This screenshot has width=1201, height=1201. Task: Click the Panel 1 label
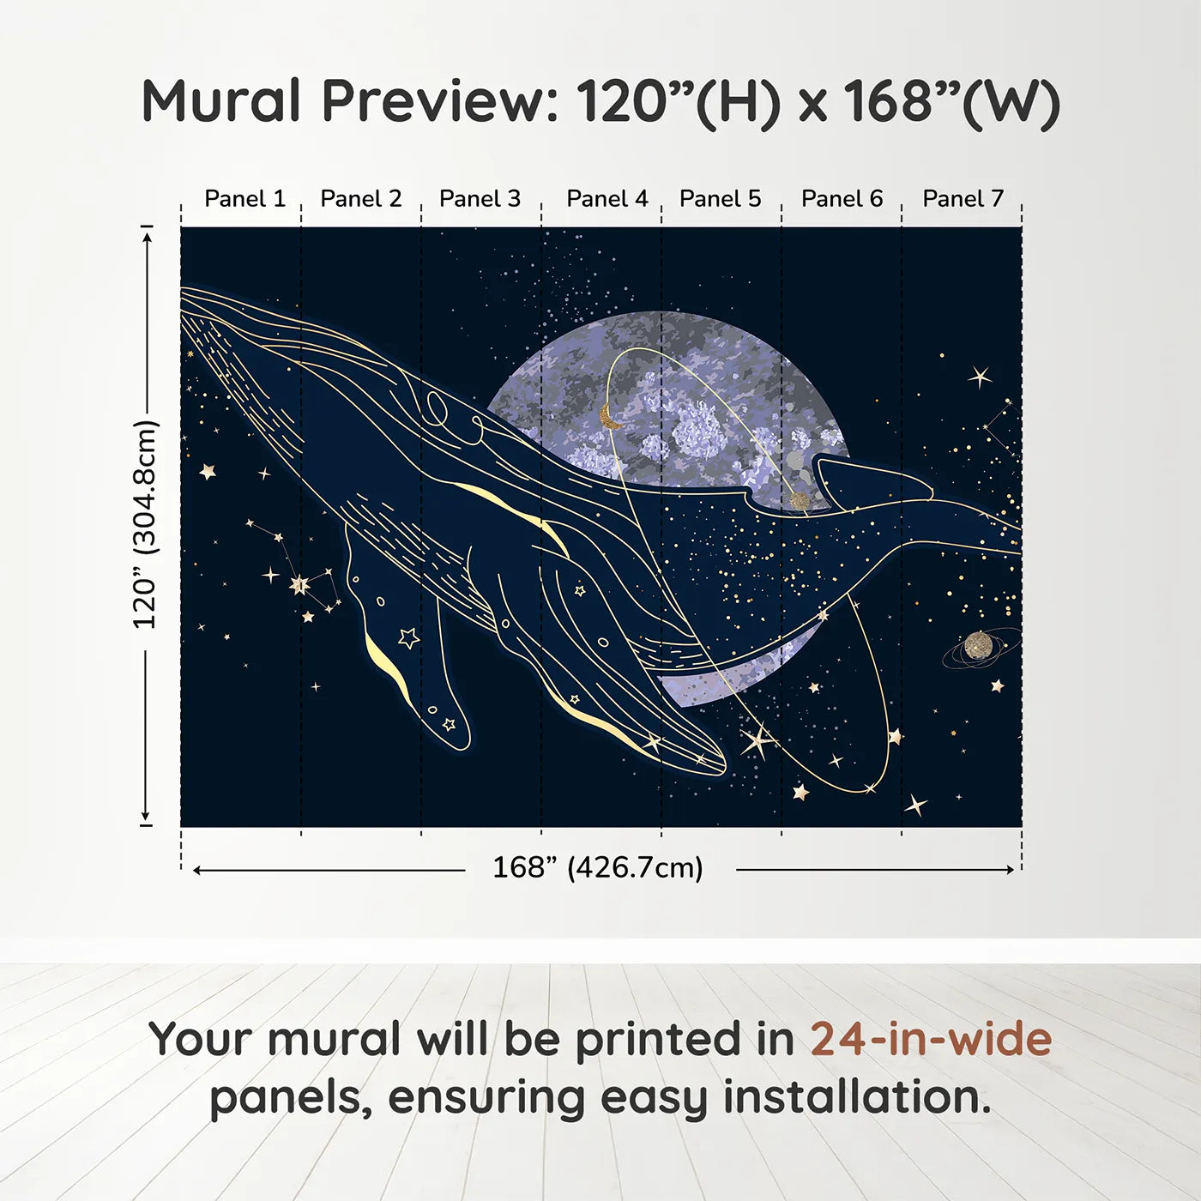point(245,199)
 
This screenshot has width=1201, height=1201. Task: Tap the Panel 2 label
point(361,199)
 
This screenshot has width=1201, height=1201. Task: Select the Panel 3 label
point(480,199)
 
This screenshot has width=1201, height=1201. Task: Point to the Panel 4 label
point(607,199)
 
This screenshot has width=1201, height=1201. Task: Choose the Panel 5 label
point(720,199)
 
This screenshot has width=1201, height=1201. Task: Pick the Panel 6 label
point(842,199)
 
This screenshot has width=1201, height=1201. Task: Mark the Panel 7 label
point(963,199)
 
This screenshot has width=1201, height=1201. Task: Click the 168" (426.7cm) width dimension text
point(598,867)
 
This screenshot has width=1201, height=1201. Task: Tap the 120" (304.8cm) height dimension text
point(146,524)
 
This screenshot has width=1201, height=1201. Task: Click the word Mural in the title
point(221,100)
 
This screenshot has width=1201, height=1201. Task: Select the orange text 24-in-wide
point(931,1038)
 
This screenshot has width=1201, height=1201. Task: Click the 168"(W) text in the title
point(951,102)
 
